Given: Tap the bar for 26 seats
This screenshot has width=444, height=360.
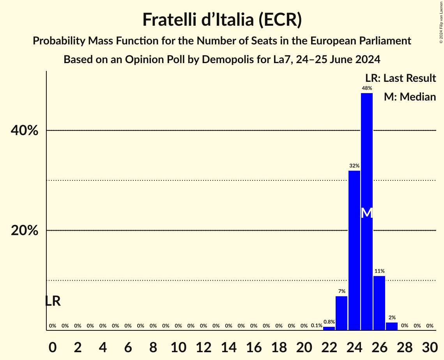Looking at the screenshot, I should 379,303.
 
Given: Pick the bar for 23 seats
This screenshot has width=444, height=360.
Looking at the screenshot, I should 341,313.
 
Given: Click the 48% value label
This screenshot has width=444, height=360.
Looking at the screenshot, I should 366,88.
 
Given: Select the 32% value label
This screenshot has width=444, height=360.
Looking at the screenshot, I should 354,166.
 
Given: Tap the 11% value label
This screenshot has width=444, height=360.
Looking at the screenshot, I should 379,271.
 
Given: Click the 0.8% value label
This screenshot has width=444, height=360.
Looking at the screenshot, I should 329,322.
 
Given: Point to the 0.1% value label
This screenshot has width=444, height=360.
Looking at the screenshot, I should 316,326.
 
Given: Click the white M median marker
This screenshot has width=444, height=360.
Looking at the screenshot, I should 366,213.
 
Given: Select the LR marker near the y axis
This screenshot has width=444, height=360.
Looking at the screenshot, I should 53,301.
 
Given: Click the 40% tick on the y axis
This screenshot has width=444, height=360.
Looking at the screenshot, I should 25,131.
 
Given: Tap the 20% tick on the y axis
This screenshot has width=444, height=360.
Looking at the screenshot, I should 25,231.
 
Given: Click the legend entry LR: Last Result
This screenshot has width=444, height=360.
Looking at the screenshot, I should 400,78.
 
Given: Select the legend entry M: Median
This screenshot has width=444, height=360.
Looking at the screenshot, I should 410,97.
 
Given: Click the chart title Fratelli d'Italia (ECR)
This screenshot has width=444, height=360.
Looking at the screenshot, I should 222,20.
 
